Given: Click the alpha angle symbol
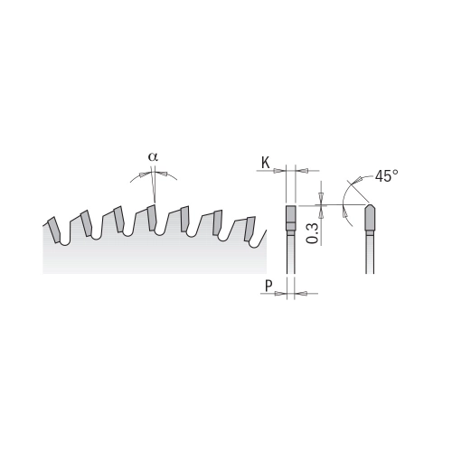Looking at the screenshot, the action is click(x=153, y=157).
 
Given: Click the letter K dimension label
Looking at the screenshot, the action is click(x=266, y=163).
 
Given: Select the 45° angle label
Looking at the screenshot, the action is click(x=387, y=176).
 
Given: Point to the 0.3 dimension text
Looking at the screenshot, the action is click(x=312, y=233).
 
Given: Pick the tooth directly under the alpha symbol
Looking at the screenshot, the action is click(x=152, y=218).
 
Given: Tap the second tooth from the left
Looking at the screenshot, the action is click(x=87, y=223).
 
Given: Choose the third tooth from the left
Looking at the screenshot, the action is click(x=119, y=220).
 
